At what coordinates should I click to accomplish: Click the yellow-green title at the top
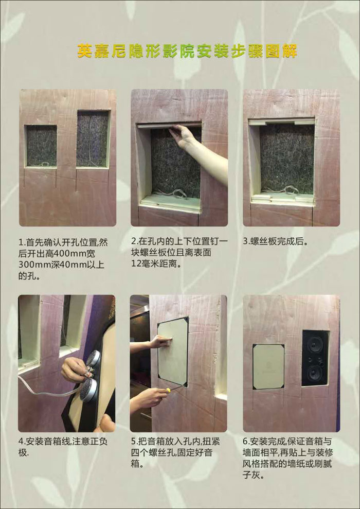(x=187, y=51)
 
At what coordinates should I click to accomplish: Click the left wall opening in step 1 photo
(x=41, y=146)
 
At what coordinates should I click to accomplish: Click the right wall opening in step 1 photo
(x=93, y=138)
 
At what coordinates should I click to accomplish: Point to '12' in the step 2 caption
(x=138, y=265)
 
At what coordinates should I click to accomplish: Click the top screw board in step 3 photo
(x=282, y=122)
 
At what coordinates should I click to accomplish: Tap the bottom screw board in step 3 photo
(x=282, y=197)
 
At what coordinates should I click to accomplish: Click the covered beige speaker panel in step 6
(x=268, y=366)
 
